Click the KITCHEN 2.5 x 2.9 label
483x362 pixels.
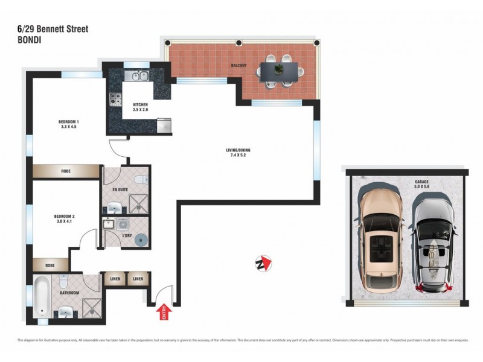coord(140,107)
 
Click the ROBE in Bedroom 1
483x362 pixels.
coord(65,171)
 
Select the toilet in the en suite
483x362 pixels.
coord(139,179)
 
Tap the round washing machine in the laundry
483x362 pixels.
coord(141,239)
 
